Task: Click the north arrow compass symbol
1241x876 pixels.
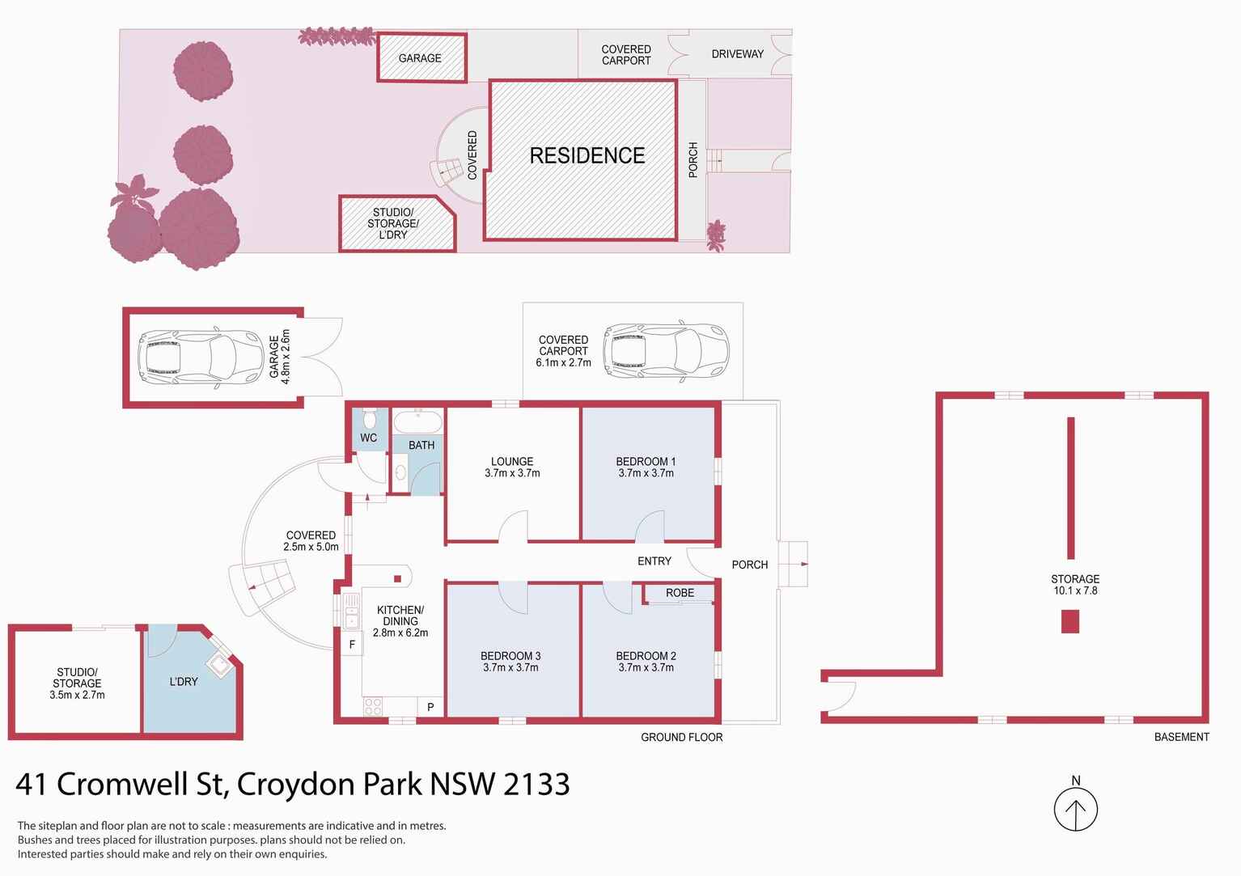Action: pyautogui.click(x=1075, y=808)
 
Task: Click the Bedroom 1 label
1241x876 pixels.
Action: pyautogui.click(x=646, y=462)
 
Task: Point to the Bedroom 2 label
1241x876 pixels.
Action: pyautogui.click(x=645, y=656)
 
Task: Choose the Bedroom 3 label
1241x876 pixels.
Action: pyautogui.click(x=510, y=656)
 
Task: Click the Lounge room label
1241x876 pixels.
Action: pyautogui.click(x=511, y=462)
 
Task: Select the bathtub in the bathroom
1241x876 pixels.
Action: pyautogui.click(x=417, y=422)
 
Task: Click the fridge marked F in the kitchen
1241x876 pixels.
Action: pyautogui.click(x=352, y=645)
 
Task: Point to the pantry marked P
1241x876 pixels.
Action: pyautogui.click(x=430, y=708)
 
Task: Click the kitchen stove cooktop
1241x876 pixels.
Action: pyautogui.click(x=373, y=707)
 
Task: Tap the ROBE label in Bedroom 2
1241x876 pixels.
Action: pyautogui.click(x=680, y=593)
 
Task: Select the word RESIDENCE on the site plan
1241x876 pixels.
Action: pyautogui.click(x=587, y=155)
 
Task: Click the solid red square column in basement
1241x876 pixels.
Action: pyautogui.click(x=1070, y=621)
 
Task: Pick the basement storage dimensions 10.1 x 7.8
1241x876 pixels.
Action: pyautogui.click(x=1075, y=590)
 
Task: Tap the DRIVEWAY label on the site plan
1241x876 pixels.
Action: pyautogui.click(x=737, y=54)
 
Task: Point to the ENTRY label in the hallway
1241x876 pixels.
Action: pyautogui.click(x=654, y=561)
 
